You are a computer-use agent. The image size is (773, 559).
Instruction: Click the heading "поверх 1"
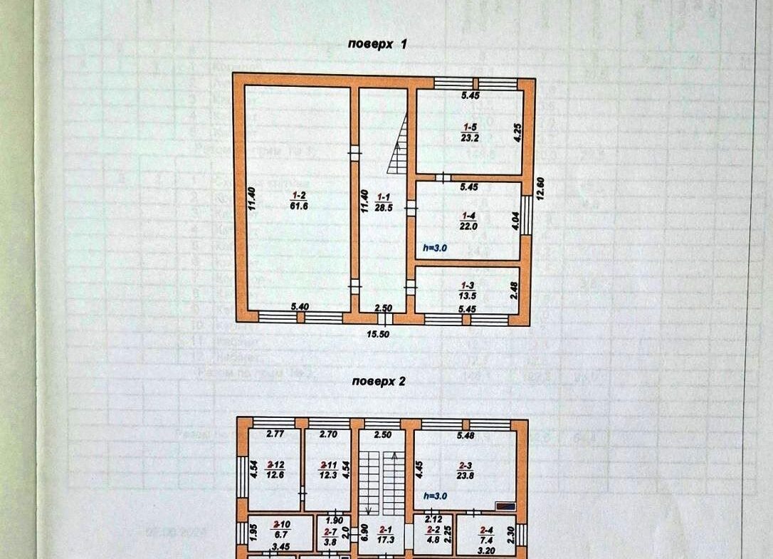[377, 44]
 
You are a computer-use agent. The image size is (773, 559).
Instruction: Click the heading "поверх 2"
[379, 381]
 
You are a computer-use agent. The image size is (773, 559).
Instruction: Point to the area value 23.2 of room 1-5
[469, 140]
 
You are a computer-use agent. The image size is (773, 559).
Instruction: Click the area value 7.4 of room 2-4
[487, 540]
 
